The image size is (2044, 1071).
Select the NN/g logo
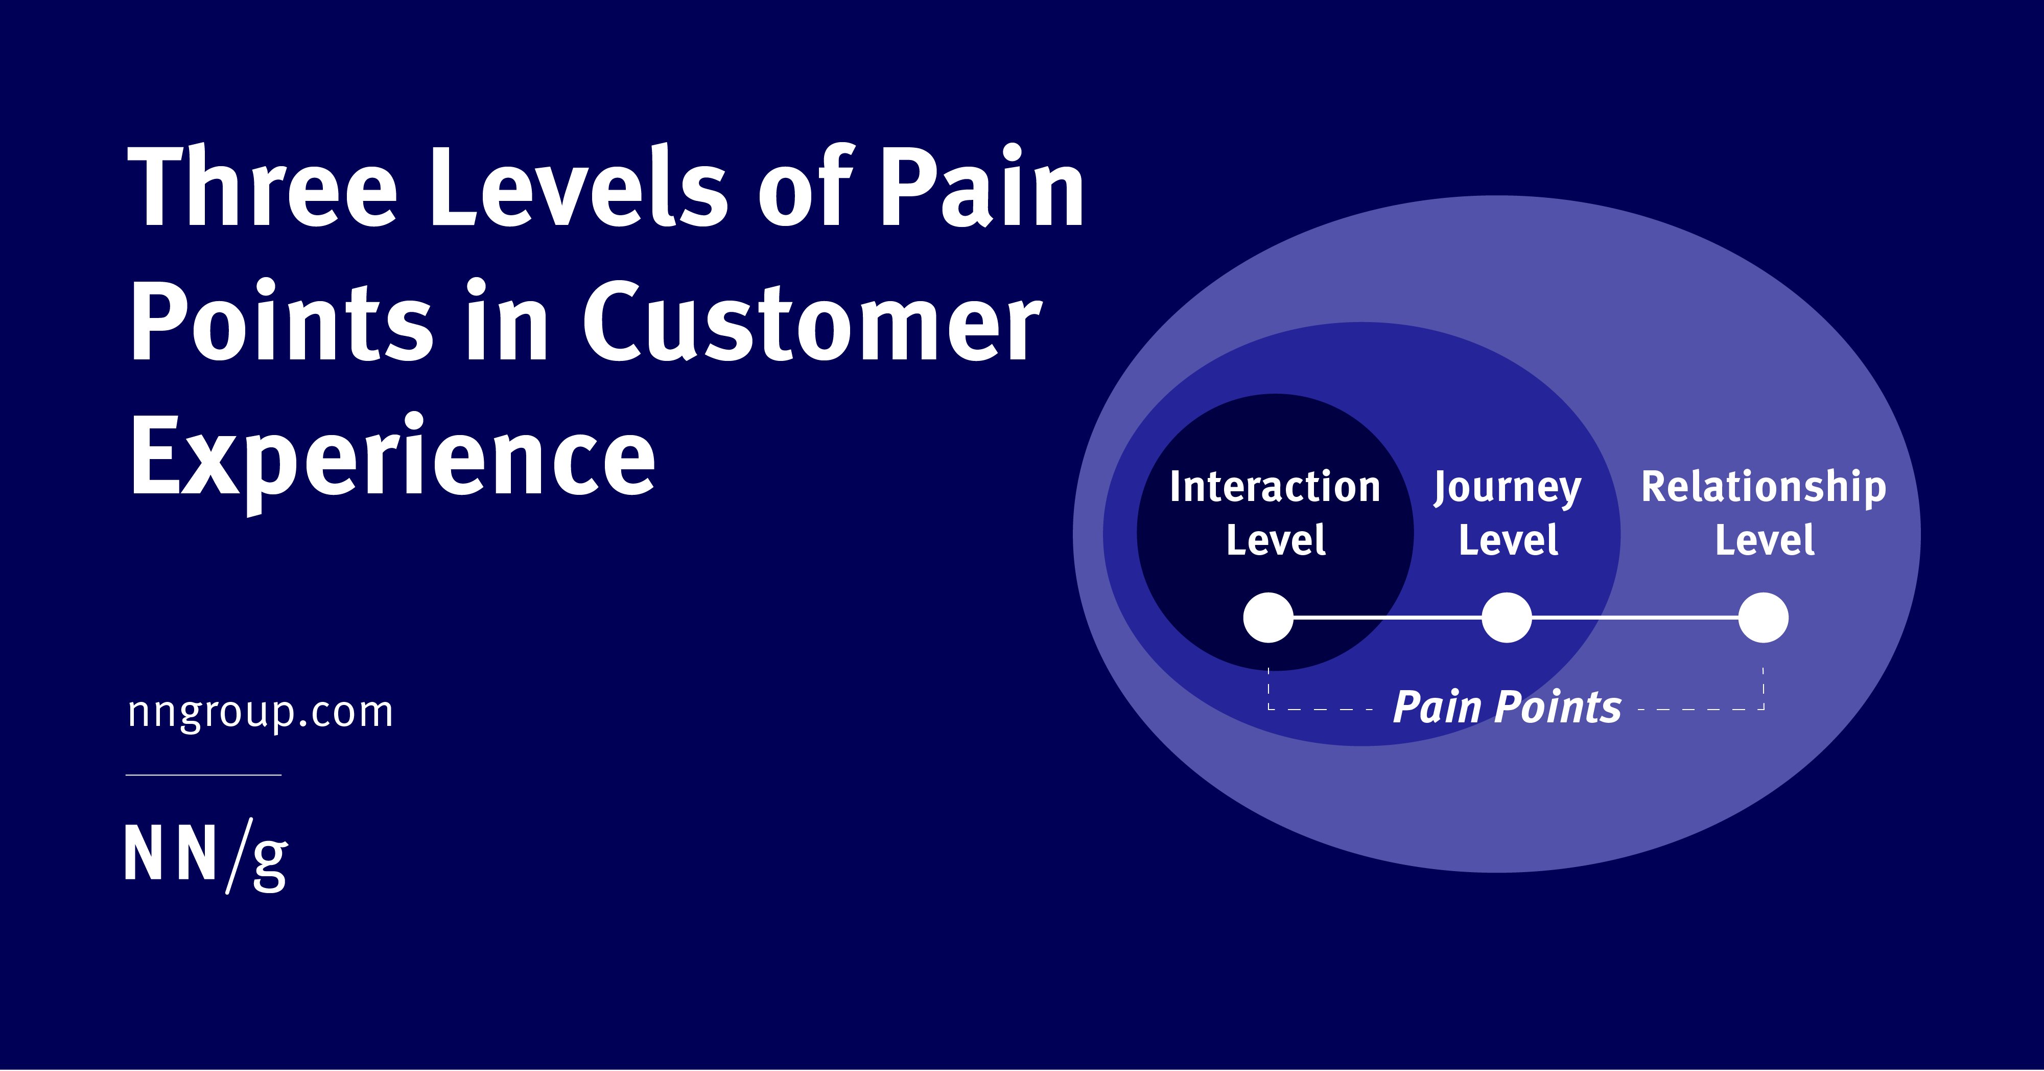coord(206,855)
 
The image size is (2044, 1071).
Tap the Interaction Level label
coord(1275,513)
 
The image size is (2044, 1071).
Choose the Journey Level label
coord(1508,513)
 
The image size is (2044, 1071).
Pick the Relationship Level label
coord(1764,513)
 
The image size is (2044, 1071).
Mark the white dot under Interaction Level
coord(1268,618)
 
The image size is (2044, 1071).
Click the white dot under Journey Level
coord(1507,618)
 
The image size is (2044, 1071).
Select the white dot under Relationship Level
coord(1763,618)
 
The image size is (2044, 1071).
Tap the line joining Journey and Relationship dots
coord(1635,618)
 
